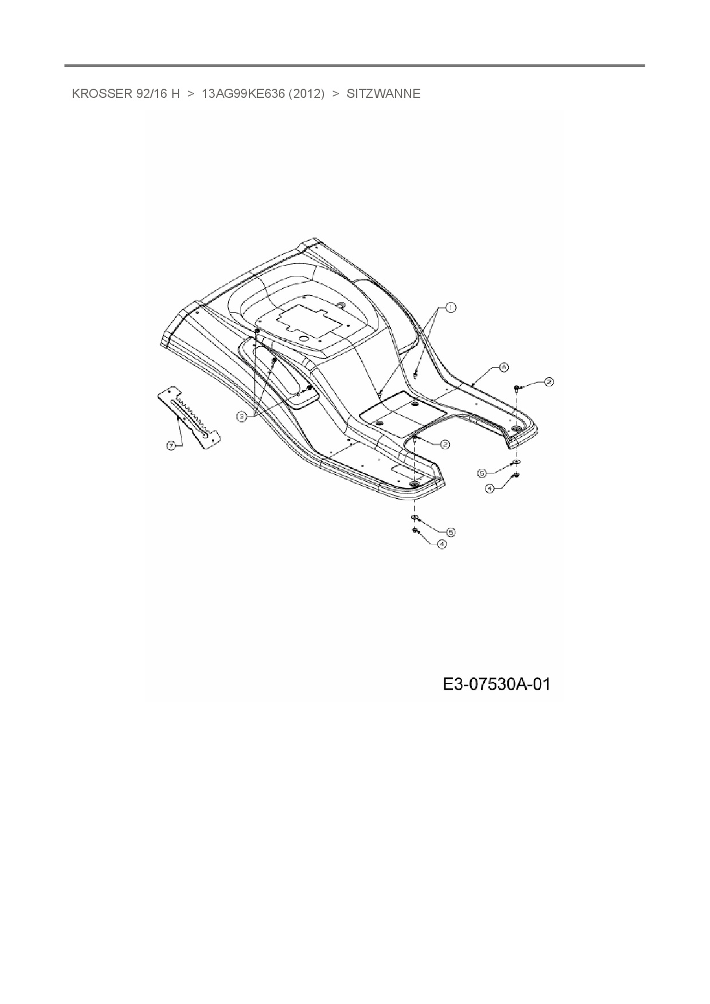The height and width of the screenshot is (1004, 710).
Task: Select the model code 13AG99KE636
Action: pyautogui.click(x=243, y=94)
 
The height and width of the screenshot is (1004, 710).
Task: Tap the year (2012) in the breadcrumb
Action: pyautogui.click(x=306, y=94)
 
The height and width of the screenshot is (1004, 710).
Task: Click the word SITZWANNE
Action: pyautogui.click(x=383, y=94)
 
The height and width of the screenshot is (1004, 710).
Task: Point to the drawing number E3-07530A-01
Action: pyautogui.click(x=496, y=683)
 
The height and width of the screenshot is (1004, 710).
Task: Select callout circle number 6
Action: pyautogui.click(x=504, y=367)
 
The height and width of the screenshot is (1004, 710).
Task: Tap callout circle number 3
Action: pyautogui.click(x=242, y=417)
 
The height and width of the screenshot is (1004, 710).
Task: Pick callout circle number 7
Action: pyautogui.click(x=171, y=446)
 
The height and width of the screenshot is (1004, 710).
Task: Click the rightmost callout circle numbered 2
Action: pyautogui.click(x=549, y=382)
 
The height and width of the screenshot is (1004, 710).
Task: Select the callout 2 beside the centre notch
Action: pyautogui.click(x=444, y=444)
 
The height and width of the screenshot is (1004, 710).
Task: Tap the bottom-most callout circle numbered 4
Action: pyautogui.click(x=441, y=544)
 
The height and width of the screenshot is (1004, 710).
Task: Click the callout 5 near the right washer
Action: pyautogui.click(x=482, y=473)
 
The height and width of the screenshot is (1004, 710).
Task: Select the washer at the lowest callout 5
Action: pyautogui.click(x=414, y=518)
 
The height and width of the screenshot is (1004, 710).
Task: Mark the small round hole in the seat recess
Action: pyautogui.click(x=340, y=305)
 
